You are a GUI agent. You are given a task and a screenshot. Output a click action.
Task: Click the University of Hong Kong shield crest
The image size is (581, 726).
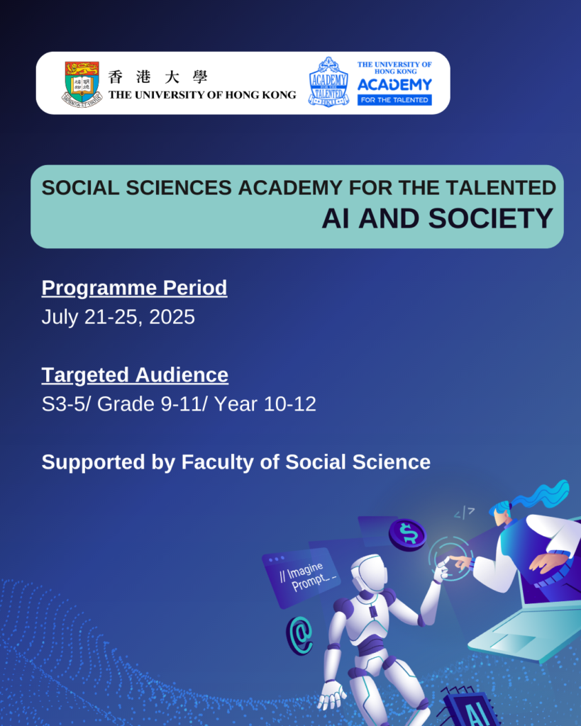tap(82, 83)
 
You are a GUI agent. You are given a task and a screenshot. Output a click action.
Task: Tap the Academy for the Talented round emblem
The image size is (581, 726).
tap(328, 82)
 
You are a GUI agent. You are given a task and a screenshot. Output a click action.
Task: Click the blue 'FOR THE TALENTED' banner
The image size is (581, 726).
tap(394, 100)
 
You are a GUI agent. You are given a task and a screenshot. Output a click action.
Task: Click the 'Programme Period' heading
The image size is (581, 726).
tap(134, 288)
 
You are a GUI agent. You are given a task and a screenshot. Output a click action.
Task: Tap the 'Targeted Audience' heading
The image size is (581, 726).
tap(135, 374)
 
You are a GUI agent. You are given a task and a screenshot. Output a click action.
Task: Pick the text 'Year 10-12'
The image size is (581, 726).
tap(265, 404)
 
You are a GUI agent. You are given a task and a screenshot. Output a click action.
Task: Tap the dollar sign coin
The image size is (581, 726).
tap(407, 534)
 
